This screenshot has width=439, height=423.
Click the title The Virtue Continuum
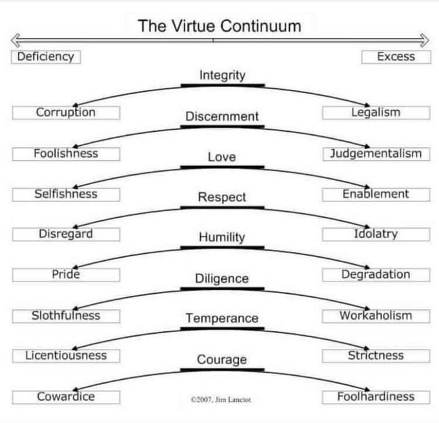(219, 26)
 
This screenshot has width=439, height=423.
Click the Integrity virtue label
(222, 75)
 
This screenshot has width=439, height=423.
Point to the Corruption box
(66, 112)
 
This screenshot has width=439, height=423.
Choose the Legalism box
(376, 112)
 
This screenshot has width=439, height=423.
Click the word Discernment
(222, 116)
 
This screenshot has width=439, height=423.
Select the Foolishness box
(66, 154)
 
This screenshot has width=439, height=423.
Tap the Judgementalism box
(376, 154)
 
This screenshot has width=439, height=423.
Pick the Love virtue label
(222, 157)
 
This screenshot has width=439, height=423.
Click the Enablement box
(376, 194)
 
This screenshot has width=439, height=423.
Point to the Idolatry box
(376, 234)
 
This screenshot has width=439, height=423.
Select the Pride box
(66, 274)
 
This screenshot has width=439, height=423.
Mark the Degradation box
(376, 274)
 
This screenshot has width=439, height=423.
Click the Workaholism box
(376, 316)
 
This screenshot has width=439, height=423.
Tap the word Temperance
(222, 318)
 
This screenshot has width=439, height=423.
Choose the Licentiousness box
(66, 356)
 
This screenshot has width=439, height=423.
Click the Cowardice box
(66, 397)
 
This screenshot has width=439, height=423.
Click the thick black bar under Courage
(222, 370)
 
